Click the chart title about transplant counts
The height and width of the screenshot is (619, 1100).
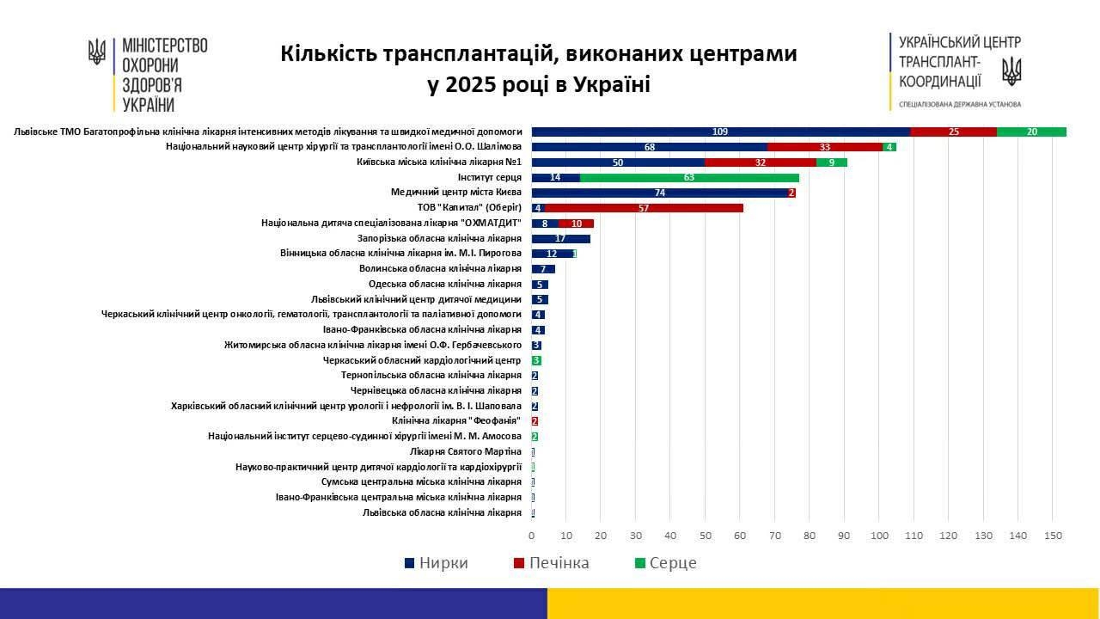click(x=539, y=69)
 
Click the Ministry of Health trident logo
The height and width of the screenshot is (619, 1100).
click(x=97, y=53)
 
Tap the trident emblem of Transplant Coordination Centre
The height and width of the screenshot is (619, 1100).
click(x=1011, y=71)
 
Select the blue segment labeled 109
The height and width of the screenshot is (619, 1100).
click(x=720, y=132)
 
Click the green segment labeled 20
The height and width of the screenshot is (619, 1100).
click(x=1031, y=132)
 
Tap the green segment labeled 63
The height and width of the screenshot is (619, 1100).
click(x=689, y=178)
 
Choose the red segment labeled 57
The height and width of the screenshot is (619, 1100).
click(x=644, y=208)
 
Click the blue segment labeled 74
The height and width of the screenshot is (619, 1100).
click(x=659, y=193)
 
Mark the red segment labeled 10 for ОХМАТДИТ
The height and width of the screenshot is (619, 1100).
click(x=576, y=224)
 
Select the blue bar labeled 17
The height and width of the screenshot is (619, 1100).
click(x=560, y=238)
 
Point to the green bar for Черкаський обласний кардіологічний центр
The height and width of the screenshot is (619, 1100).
click(x=536, y=360)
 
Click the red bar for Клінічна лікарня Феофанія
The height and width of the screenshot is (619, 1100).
click(x=535, y=421)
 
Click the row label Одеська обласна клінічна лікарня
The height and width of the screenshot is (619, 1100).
click(x=445, y=285)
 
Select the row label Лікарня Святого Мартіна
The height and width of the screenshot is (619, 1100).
click(x=466, y=451)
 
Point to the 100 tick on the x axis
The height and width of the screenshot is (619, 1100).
click(x=879, y=536)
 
